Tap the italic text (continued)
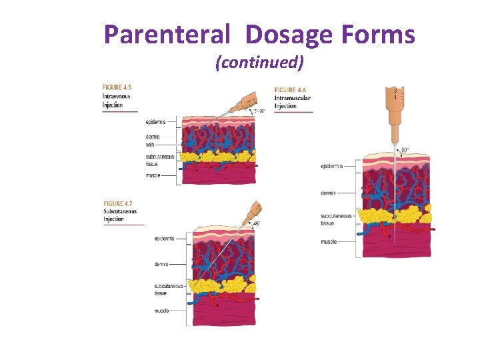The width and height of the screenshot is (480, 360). pyautogui.click(x=259, y=63)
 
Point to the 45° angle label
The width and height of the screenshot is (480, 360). pyautogui.click(x=257, y=224)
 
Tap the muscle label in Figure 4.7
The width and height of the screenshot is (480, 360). pyautogui.click(x=162, y=310)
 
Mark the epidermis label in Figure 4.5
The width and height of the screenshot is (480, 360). pyautogui.click(x=155, y=122)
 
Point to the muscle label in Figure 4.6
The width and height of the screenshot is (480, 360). pyautogui.click(x=328, y=241)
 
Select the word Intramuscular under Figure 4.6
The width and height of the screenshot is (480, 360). pyautogui.click(x=293, y=98)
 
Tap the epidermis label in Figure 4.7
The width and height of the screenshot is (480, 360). pyautogui.click(x=165, y=238)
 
